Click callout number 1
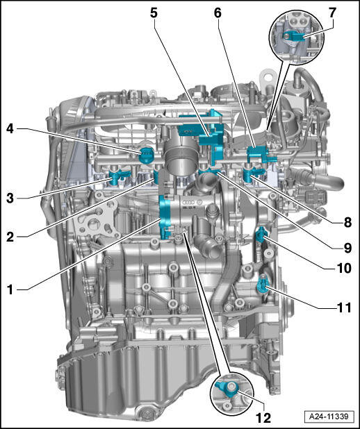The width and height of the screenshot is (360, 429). tap(10, 289)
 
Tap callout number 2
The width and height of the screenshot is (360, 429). tap(10, 237)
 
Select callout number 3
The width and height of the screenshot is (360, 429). tap(10, 198)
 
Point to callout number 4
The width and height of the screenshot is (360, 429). tap(10, 128)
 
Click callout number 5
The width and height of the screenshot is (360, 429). tap(154, 13)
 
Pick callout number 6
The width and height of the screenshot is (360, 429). tap(218, 13)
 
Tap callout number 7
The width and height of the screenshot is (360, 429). tap(332, 13)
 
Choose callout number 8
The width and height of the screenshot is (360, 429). tap(347, 222)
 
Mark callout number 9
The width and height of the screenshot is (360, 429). tap(347, 248)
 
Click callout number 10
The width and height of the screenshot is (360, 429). tap(344, 269)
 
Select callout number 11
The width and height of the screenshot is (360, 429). tap(344, 308)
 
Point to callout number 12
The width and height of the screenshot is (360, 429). tap(263, 417)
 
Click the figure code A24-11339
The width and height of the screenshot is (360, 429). tap(329, 417)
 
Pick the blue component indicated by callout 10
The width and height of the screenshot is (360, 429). tap(261, 235)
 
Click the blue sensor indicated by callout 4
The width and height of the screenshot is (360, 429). tap(147, 155)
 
